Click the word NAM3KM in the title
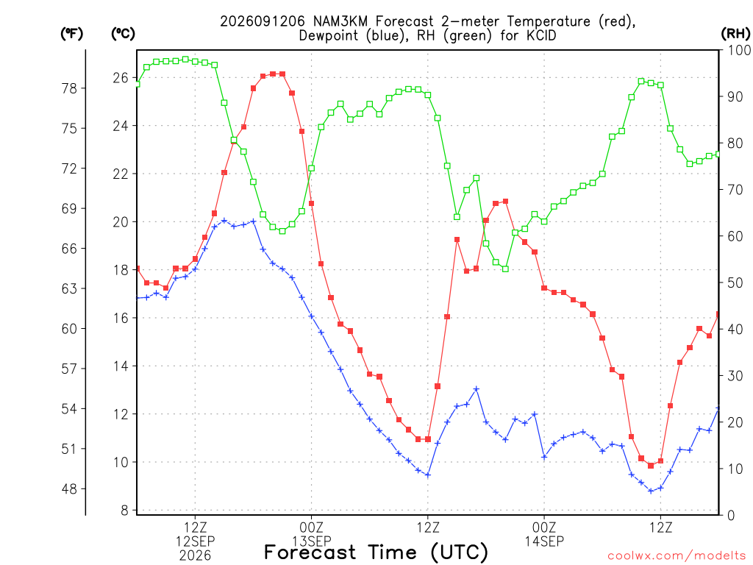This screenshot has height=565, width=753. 341,21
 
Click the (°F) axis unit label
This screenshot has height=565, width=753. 71,34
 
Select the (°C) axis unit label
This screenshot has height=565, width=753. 123,34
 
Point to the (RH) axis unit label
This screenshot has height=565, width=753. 735,34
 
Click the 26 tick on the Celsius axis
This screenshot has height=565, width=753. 121,78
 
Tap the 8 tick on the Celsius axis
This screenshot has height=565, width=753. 125,511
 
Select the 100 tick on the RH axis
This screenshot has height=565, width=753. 739,50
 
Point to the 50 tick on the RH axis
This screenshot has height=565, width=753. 735,282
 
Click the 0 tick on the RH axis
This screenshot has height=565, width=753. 731,516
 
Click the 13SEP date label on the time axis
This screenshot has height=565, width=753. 312,541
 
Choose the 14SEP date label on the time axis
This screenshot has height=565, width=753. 545,541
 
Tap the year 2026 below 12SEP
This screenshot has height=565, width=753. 195,556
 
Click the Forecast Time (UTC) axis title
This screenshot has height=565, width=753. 376,552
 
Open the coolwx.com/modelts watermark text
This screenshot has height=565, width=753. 677,556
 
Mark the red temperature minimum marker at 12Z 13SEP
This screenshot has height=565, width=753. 428,439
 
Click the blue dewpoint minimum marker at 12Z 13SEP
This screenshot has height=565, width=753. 428,475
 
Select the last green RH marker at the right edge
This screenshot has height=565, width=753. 718,154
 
